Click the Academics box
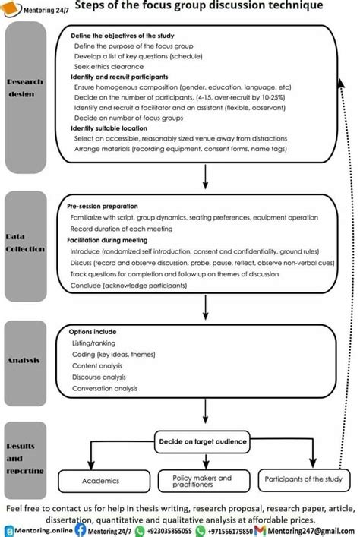(100, 480)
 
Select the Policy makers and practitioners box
(197, 481)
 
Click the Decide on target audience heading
(202, 440)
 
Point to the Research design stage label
(24, 88)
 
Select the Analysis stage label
(24, 360)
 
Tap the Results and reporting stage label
(24, 459)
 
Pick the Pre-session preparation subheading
(103, 206)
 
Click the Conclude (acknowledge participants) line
(128, 285)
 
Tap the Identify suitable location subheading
(109, 129)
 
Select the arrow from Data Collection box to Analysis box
(206, 306)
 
